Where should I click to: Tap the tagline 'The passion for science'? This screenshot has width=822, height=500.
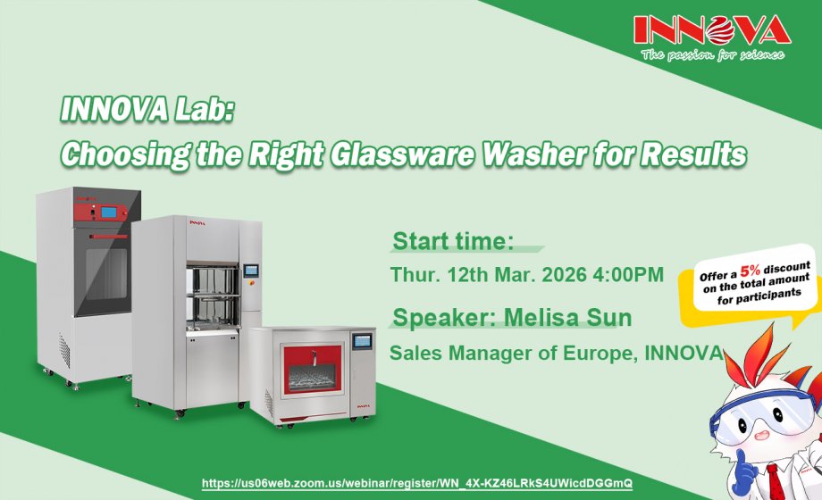pyautogui.click(x=712, y=54)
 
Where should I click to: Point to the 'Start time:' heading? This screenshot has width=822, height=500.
pyautogui.click(x=453, y=241)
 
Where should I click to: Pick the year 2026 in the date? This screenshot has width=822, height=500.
pyautogui.click(x=562, y=274)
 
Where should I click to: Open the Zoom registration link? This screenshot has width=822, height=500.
pyautogui.click(x=417, y=482)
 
